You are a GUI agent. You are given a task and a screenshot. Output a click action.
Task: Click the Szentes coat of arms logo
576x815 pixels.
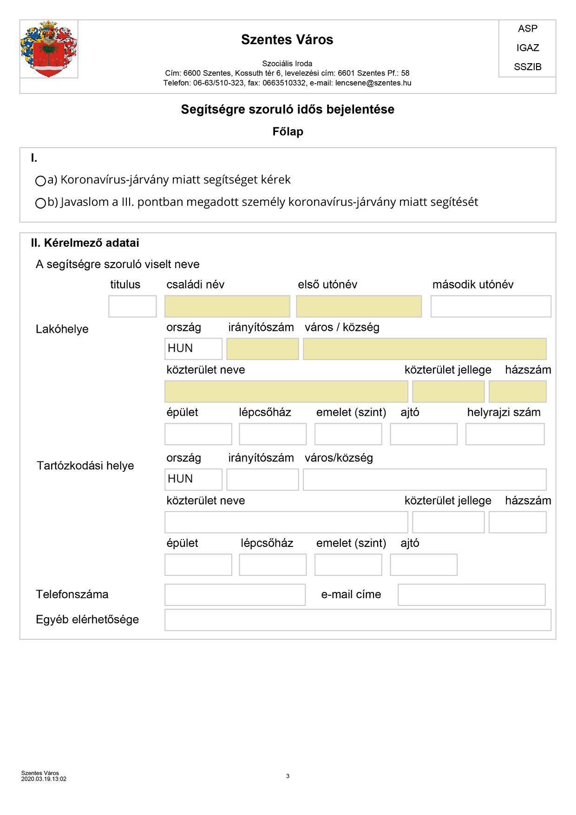tap(48, 49)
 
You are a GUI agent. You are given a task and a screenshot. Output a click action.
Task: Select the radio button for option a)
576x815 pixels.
tap(40, 181)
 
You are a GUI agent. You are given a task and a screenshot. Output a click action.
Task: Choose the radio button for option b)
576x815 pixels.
tap(40, 203)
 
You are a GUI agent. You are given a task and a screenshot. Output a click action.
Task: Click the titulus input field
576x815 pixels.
tap(132, 307)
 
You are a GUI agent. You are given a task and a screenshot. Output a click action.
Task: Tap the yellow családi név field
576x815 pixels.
tap(227, 307)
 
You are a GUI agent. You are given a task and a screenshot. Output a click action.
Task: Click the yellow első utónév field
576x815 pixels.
tap(359, 307)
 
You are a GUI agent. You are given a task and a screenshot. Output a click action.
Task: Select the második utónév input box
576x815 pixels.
tap(491, 307)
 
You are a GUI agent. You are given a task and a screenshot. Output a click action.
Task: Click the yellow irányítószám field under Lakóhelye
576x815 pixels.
tap(262, 349)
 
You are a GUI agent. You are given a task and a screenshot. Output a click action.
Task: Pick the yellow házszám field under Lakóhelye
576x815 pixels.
tap(517, 392)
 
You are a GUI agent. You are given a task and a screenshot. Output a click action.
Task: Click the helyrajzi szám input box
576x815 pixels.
tap(505, 434)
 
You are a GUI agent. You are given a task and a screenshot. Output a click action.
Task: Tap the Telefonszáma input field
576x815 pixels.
tap(235, 595)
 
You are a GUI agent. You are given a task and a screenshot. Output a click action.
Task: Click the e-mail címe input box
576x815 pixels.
tap(471, 595)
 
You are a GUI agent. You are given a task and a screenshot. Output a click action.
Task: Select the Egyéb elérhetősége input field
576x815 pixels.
tap(358, 620)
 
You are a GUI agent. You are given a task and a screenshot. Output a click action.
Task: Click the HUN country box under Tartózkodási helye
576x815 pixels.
tap(193, 480)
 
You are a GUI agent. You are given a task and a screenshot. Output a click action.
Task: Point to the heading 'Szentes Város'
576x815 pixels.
tap(287, 40)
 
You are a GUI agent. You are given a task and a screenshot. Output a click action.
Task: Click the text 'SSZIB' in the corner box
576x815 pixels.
tap(528, 67)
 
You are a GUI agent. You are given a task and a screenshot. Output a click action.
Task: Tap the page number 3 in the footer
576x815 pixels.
tap(288, 776)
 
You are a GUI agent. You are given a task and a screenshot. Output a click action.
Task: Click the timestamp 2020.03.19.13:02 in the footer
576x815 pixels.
tap(44, 779)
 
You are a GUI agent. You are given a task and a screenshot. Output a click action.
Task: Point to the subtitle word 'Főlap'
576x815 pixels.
tap(288, 131)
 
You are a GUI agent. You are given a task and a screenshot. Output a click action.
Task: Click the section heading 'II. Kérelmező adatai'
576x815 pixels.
tap(85, 243)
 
